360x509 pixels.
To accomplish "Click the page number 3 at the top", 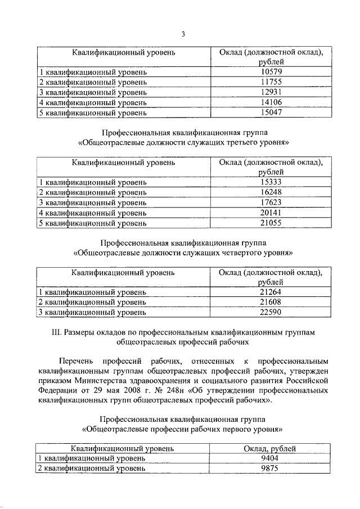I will click(x=183, y=34).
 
